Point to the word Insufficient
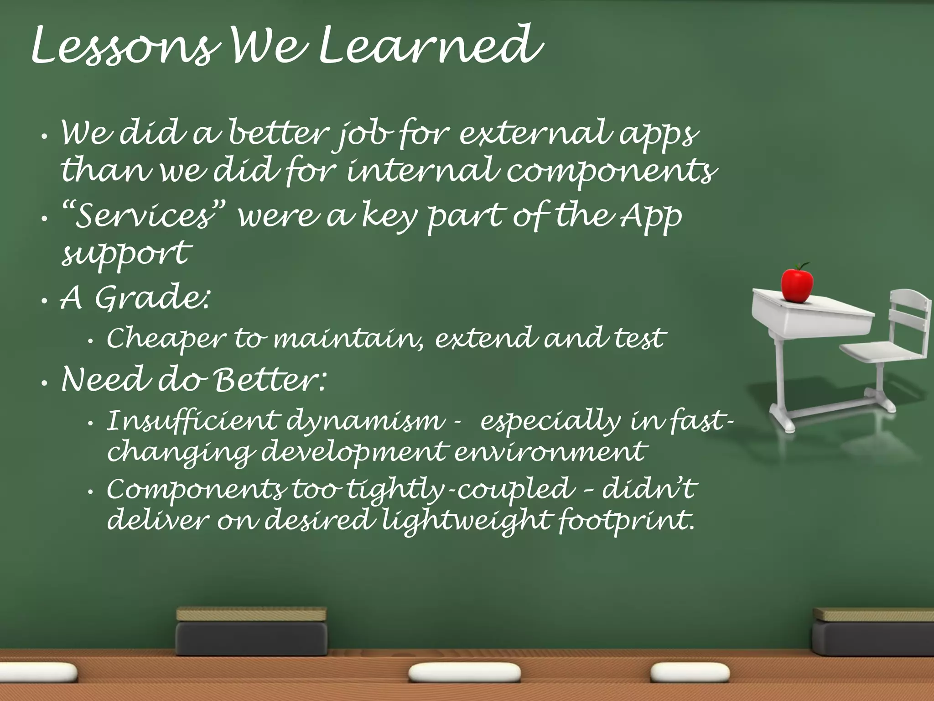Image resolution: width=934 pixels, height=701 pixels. (192, 421)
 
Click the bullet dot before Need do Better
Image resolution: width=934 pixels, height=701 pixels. (44, 384)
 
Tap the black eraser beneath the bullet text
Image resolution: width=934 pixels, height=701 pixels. (252, 632)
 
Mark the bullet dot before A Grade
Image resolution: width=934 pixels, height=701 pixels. (44, 302)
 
